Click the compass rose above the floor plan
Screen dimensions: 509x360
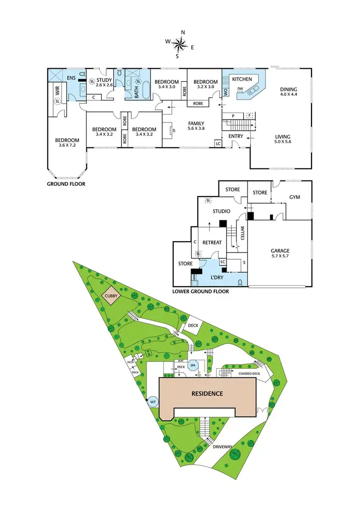pyautogui.click(x=180, y=45)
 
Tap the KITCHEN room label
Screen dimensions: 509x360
pyautogui.click(x=242, y=78)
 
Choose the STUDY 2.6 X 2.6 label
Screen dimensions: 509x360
pyautogui.click(x=104, y=83)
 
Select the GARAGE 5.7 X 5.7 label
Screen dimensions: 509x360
pyautogui.click(x=279, y=253)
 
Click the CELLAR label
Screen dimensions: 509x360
pyautogui.click(x=242, y=233)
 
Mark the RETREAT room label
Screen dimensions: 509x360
pyautogui.click(x=212, y=242)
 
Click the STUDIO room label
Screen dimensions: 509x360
pyautogui.click(x=221, y=211)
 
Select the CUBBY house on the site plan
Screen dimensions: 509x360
pyautogui.click(x=110, y=297)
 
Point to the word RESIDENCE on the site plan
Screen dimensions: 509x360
pyautogui.click(x=208, y=394)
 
